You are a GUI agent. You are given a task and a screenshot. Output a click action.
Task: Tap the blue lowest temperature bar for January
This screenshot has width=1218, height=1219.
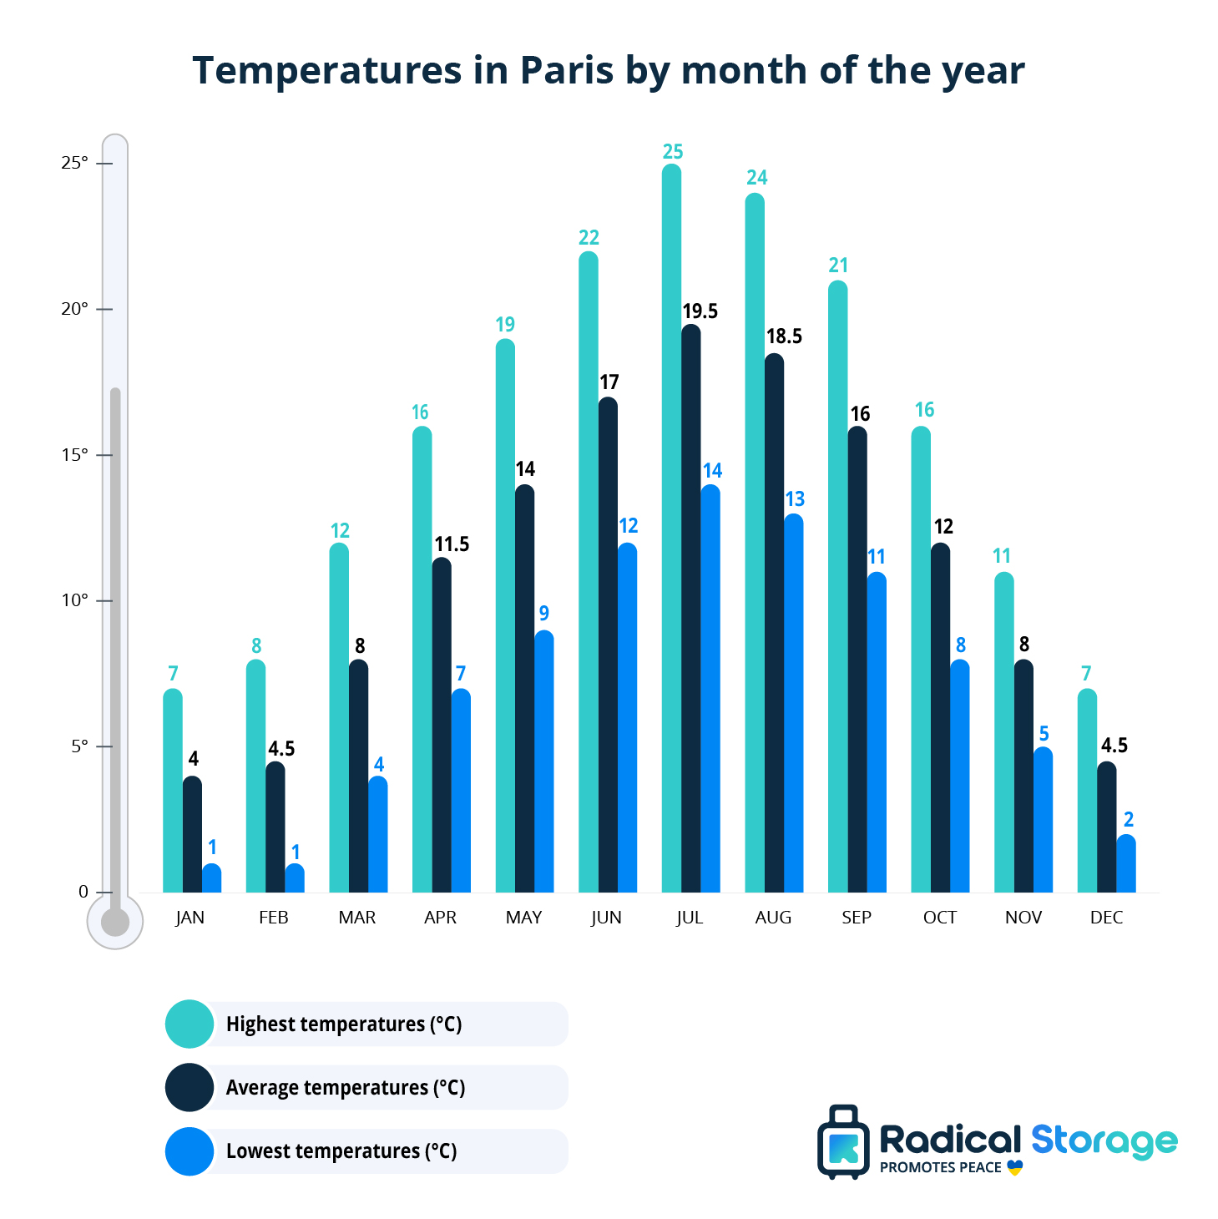[212, 878]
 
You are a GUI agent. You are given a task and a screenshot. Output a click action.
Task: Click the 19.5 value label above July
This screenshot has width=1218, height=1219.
[700, 311]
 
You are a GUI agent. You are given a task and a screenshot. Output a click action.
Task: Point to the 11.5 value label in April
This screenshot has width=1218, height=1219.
[452, 544]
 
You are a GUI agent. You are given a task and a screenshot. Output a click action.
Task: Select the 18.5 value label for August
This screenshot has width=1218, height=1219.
[784, 336]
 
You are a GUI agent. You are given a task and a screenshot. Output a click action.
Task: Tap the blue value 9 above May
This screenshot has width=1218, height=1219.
[544, 614]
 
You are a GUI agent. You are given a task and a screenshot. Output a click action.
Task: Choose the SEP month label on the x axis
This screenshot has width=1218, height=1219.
[857, 918]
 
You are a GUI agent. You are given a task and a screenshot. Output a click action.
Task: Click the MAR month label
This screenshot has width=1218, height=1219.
[357, 918]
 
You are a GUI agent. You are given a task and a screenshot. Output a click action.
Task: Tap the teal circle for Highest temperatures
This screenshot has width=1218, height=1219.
[190, 1024]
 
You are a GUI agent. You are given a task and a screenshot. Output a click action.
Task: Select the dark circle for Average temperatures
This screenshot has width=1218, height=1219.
[190, 1087]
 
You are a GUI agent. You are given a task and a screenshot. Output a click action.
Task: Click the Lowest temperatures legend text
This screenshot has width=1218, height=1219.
[341, 1151]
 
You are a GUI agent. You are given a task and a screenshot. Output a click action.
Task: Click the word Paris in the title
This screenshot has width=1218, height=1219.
[567, 70]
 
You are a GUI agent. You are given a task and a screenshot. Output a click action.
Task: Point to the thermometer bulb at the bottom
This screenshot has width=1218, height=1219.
[115, 922]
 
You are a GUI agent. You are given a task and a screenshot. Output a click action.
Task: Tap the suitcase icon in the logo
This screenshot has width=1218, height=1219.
[843, 1142]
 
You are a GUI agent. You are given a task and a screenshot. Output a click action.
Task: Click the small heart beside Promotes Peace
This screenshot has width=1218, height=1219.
[1015, 1167]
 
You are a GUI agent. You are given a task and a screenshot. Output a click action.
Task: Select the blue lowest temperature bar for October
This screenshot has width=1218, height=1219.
[960, 776]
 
